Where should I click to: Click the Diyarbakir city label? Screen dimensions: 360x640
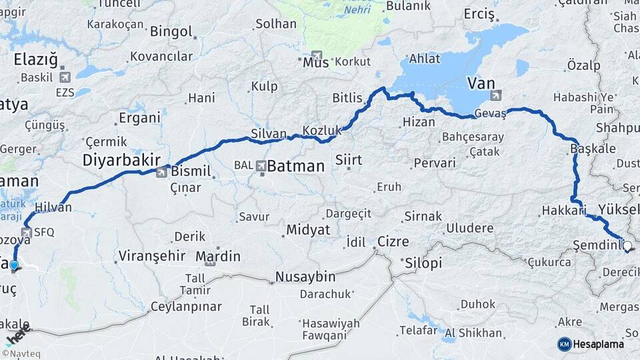coord(121,160)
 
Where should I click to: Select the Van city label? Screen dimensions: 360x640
coord(481,83)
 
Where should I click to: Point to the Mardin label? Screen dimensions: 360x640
coord(218,256)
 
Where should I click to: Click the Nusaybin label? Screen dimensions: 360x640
coord(305,276)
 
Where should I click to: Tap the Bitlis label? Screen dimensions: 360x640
coord(347,98)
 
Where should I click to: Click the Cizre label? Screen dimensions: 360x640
coord(393,241)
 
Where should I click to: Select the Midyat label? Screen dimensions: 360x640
coord(308,229)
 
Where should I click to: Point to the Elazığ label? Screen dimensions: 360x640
coord(36,61)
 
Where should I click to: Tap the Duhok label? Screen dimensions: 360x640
coord(477,305)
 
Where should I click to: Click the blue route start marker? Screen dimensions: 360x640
coord(14,266)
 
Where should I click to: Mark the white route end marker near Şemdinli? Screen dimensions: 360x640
coord(628,247)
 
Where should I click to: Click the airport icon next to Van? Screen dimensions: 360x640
coord(495,95)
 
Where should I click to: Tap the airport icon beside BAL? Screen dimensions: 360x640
coord(261,166)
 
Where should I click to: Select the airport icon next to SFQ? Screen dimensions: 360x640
coord(27,233)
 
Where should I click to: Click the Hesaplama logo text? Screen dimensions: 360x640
coord(599,344)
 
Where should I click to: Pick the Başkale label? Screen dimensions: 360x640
coord(593,149)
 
